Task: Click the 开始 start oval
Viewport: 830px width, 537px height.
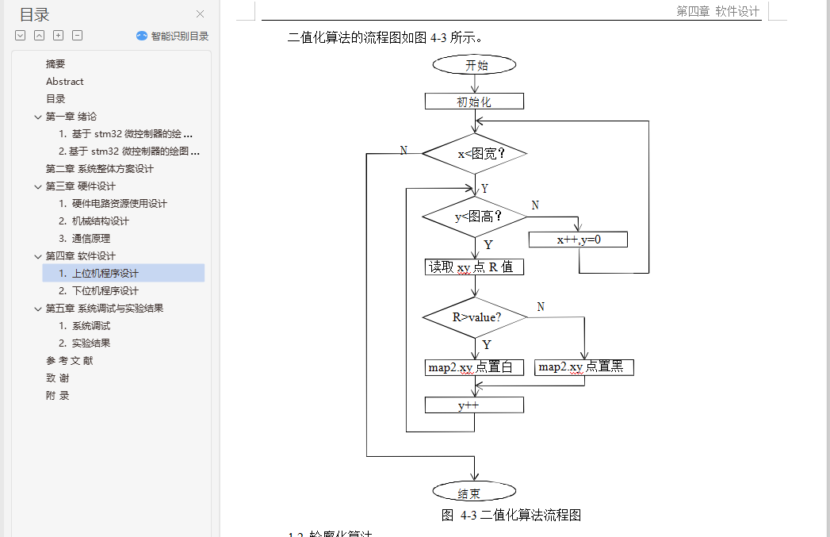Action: tap(475, 65)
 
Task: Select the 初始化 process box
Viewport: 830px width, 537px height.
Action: tap(474, 102)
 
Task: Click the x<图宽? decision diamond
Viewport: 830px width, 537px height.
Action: tap(474, 153)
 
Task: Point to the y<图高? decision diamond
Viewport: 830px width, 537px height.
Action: tap(474, 216)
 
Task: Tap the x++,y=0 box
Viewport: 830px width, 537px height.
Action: tap(578, 239)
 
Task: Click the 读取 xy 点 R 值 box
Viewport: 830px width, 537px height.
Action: tap(474, 267)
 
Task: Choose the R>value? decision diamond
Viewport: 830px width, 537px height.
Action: tap(474, 317)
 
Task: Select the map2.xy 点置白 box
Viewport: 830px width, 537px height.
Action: tap(474, 367)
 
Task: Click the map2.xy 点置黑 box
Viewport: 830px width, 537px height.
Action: tap(584, 367)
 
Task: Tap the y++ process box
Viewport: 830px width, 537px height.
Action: tap(474, 405)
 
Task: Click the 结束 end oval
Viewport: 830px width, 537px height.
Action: tap(474, 493)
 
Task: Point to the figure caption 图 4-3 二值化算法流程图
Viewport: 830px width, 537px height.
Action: tap(511, 516)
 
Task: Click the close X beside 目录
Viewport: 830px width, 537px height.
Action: tap(200, 13)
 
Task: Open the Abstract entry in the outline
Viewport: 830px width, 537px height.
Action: tap(65, 82)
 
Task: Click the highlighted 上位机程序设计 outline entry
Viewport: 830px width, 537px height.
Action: tap(105, 274)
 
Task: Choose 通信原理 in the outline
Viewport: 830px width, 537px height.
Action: tap(90, 239)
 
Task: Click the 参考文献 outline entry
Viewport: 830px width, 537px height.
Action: tap(69, 361)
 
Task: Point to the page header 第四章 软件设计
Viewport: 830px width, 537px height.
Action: tap(717, 11)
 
